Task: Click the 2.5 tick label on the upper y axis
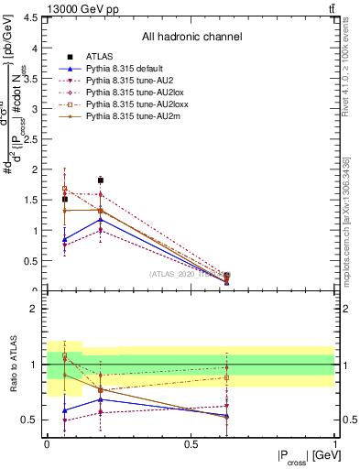[33, 139]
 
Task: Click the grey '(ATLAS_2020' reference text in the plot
[174, 273]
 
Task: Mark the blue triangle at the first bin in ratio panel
[64, 410]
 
